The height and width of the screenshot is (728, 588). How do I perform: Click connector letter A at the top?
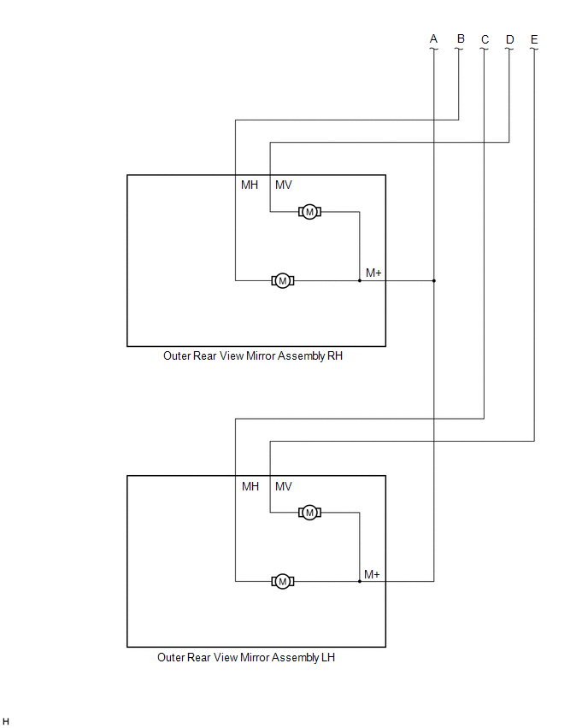(x=433, y=39)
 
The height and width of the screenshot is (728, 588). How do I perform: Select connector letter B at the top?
(x=460, y=39)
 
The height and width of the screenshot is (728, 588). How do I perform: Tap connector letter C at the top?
(x=485, y=39)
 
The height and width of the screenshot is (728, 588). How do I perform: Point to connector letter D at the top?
(x=509, y=39)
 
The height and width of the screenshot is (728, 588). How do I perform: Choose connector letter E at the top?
(x=534, y=39)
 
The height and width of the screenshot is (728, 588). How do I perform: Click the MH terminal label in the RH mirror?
(x=250, y=185)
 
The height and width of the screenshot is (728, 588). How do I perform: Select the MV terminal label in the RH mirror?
(x=284, y=185)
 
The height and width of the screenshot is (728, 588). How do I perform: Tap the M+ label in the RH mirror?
(x=373, y=273)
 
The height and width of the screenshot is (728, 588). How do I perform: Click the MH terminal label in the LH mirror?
(x=250, y=486)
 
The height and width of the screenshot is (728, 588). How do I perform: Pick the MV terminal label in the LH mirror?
(x=284, y=486)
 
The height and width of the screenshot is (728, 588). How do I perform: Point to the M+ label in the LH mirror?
(x=372, y=574)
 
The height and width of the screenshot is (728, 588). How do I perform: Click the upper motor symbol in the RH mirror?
(x=309, y=212)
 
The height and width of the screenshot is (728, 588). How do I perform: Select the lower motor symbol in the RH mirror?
(x=282, y=280)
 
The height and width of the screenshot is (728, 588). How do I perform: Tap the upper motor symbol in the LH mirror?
(x=309, y=513)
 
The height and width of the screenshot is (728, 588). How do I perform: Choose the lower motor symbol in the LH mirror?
(x=282, y=581)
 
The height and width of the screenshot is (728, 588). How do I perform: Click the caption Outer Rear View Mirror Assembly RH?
(x=253, y=356)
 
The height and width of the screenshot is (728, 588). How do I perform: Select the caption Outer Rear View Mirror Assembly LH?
(x=246, y=657)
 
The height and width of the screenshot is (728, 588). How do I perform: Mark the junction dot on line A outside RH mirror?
(x=433, y=280)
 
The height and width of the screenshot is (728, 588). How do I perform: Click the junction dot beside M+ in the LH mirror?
(x=360, y=581)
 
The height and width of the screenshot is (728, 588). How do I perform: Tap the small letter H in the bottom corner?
(x=7, y=722)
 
